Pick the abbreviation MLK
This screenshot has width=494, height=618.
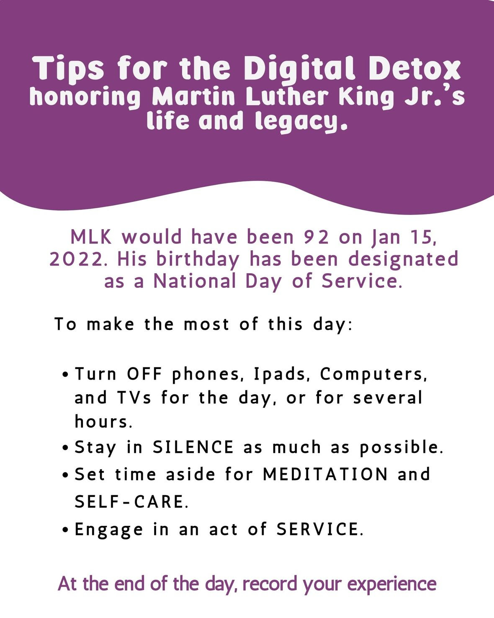(x=91, y=237)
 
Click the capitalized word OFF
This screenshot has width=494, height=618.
(x=145, y=374)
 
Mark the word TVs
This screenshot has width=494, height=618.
(x=134, y=398)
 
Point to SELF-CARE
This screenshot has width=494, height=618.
(x=131, y=502)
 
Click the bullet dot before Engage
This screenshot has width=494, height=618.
(x=66, y=529)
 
